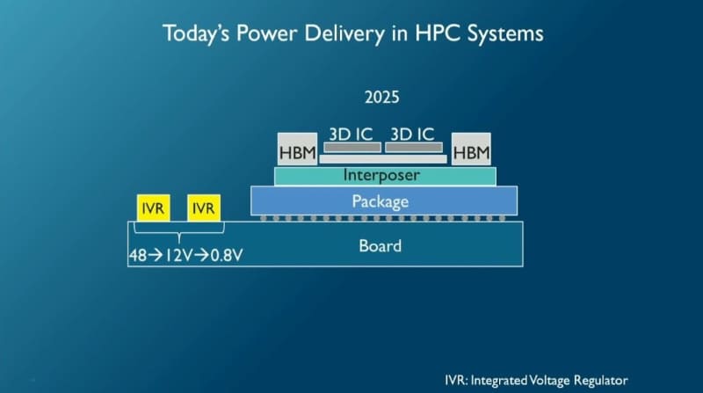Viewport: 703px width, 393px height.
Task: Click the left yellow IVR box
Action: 150,208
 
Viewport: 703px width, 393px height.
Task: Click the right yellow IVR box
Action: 203,208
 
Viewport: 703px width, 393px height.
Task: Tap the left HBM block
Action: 296,153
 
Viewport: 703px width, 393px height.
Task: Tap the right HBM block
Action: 471,153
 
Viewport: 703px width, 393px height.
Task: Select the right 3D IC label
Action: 413,134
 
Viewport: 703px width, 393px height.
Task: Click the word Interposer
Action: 381,176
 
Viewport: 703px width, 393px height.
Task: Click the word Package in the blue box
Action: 380,201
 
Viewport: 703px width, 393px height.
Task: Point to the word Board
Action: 380,245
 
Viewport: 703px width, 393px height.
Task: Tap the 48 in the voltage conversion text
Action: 138,256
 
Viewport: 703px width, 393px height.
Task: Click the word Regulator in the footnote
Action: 603,381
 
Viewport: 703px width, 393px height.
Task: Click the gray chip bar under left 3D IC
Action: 351,147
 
